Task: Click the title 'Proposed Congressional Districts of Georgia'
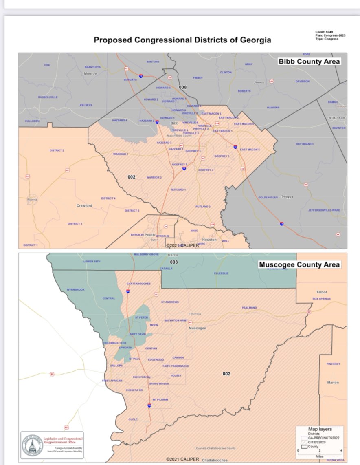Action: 182,40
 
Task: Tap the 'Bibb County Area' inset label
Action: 310,62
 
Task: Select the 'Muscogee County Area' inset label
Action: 299,264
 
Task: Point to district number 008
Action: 183,87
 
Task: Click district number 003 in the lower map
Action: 174,262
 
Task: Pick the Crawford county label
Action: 84,206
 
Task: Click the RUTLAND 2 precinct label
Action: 203,207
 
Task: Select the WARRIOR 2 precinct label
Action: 154,178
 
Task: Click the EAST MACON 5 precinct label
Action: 249,150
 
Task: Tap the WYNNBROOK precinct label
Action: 75,290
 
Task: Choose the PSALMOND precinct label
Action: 249,307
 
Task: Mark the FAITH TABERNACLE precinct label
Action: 176,366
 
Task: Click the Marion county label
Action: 333,383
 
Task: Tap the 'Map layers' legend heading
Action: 320,429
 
